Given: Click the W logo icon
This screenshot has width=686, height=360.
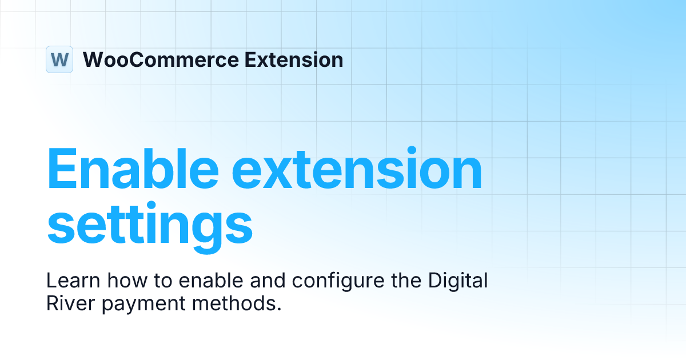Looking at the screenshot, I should point(59,59).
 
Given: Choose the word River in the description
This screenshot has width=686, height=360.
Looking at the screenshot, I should point(69,303).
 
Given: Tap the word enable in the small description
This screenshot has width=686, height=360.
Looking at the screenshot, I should point(203,281).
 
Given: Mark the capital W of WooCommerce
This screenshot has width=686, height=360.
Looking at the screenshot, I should point(94,59).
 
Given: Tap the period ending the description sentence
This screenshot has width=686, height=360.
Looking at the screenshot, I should point(280,309).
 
